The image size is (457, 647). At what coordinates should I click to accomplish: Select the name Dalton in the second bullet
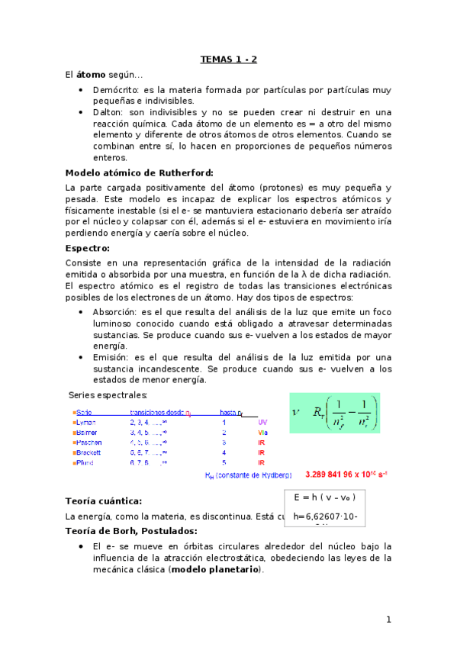[x=108, y=111]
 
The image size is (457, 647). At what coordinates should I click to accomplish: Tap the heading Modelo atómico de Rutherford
[x=140, y=172]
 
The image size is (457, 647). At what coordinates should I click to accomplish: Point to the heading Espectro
[x=88, y=248]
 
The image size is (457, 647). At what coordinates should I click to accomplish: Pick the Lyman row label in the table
[x=86, y=422]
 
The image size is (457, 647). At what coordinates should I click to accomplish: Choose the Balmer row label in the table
[x=86, y=432]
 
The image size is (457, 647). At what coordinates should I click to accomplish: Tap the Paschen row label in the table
[x=88, y=442]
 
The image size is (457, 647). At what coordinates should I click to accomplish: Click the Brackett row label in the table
[x=89, y=452]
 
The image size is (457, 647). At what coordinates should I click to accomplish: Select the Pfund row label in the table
[x=85, y=462]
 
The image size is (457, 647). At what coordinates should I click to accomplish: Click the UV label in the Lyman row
[x=262, y=422]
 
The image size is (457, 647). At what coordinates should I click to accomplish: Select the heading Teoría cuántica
[x=104, y=501]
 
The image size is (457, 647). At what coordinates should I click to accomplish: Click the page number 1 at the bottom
[x=388, y=620]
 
